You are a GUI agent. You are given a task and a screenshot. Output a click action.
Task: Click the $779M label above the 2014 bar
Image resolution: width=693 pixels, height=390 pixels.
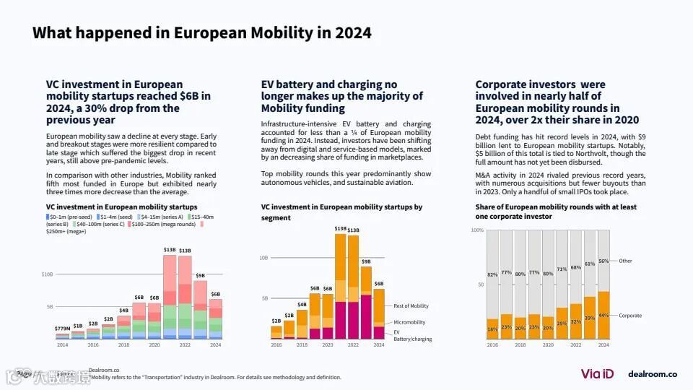pyautogui.click(x=63, y=329)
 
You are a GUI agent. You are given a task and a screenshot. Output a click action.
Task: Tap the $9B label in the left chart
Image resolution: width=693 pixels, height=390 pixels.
pyautogui.click(x=200, y=275)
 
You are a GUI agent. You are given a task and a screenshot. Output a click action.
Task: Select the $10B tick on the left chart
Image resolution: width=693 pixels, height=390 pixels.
pyautogui.click(x=47, y=274)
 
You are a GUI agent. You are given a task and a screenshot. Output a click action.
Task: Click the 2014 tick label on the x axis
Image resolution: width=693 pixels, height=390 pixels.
pyautogui.click(x=63, y=345)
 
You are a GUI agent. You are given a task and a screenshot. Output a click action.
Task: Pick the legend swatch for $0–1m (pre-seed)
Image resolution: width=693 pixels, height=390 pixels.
pyautogui.click(x=48, y=217)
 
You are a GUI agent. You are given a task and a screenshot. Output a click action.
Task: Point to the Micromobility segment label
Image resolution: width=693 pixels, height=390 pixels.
pyautogui.click(x=409, y=322)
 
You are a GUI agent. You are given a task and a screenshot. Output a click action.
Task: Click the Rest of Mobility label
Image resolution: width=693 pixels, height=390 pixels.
pyautogui.click(x=411, y=305)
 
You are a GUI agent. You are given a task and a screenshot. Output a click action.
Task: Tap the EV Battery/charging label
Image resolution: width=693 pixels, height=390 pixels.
pyautogui.click(x=412, y=335)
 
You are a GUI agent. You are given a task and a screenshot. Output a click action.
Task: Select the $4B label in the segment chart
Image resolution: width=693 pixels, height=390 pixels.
pyautogui.click(x=302, y=304)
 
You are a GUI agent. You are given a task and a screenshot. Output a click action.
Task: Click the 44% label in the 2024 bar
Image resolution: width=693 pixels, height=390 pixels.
pyautogui.click(x=603, y=316)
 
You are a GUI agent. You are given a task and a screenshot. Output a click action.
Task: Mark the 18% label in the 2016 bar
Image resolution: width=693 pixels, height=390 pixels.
pyautogui.click(x=492, y=329)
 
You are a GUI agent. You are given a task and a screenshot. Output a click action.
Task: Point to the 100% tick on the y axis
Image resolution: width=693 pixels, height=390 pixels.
pyautogui.click(x=477, y=230)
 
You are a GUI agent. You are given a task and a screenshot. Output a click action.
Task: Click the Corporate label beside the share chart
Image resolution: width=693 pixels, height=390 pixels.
pyautogui.click(x=630, y=316)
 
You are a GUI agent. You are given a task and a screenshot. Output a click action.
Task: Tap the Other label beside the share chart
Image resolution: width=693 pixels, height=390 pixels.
pyautogui.click(x=625, y=261)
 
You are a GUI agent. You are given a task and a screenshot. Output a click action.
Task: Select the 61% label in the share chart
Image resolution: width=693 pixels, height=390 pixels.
pyautogui.click(x=590, y=264)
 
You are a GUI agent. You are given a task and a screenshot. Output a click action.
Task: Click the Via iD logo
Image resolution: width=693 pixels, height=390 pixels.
pyautogui.click(x=596, y=373)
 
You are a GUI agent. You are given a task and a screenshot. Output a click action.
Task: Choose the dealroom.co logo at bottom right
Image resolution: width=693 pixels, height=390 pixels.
pyautogui.click(x=653, y=373)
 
